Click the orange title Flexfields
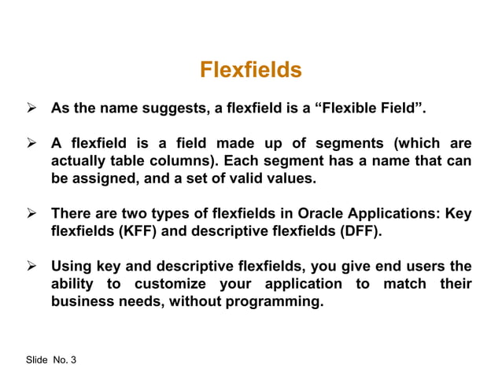[250, 70]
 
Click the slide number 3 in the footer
[73, 359]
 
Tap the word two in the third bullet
[155, 214]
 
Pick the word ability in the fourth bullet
[75, 283]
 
